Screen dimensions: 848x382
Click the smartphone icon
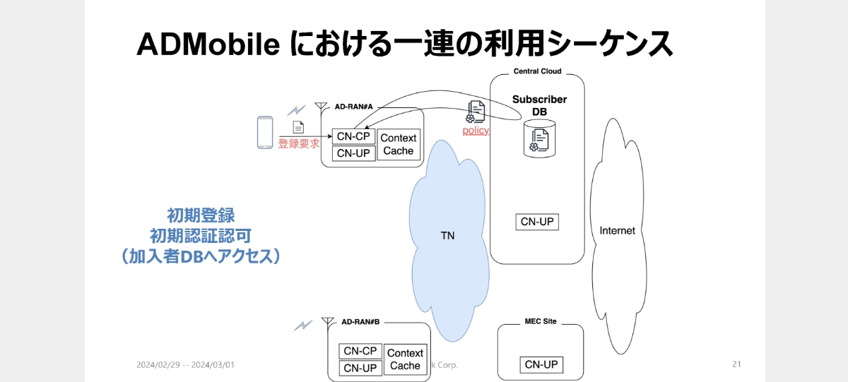(265, 132)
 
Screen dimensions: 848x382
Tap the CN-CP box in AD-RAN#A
(353, 136)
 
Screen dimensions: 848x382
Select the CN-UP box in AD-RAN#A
(353, 153)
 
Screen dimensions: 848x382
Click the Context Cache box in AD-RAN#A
(399, 144)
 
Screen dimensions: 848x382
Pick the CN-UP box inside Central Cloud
(537, 222)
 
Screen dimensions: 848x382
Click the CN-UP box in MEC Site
(541, 364)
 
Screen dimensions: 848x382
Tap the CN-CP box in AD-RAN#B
(360, 351)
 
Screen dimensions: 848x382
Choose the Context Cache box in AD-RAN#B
(405, 359)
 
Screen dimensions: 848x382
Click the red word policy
(476, 131)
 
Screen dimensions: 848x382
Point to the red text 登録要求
(299, 143)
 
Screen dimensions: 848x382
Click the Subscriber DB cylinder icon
(539, 138)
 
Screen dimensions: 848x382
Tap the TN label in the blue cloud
(447, 236)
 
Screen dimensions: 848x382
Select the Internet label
(617, 230)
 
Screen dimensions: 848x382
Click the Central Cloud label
(537, 71)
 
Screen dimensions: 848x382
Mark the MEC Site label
(541, 321)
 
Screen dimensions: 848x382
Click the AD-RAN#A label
(353, 107)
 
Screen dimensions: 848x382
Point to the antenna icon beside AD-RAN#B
(328, 323)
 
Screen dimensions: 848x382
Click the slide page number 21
(736, 364)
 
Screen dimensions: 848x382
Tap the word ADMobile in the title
(208, 44)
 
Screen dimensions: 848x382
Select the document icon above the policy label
(476, 112)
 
